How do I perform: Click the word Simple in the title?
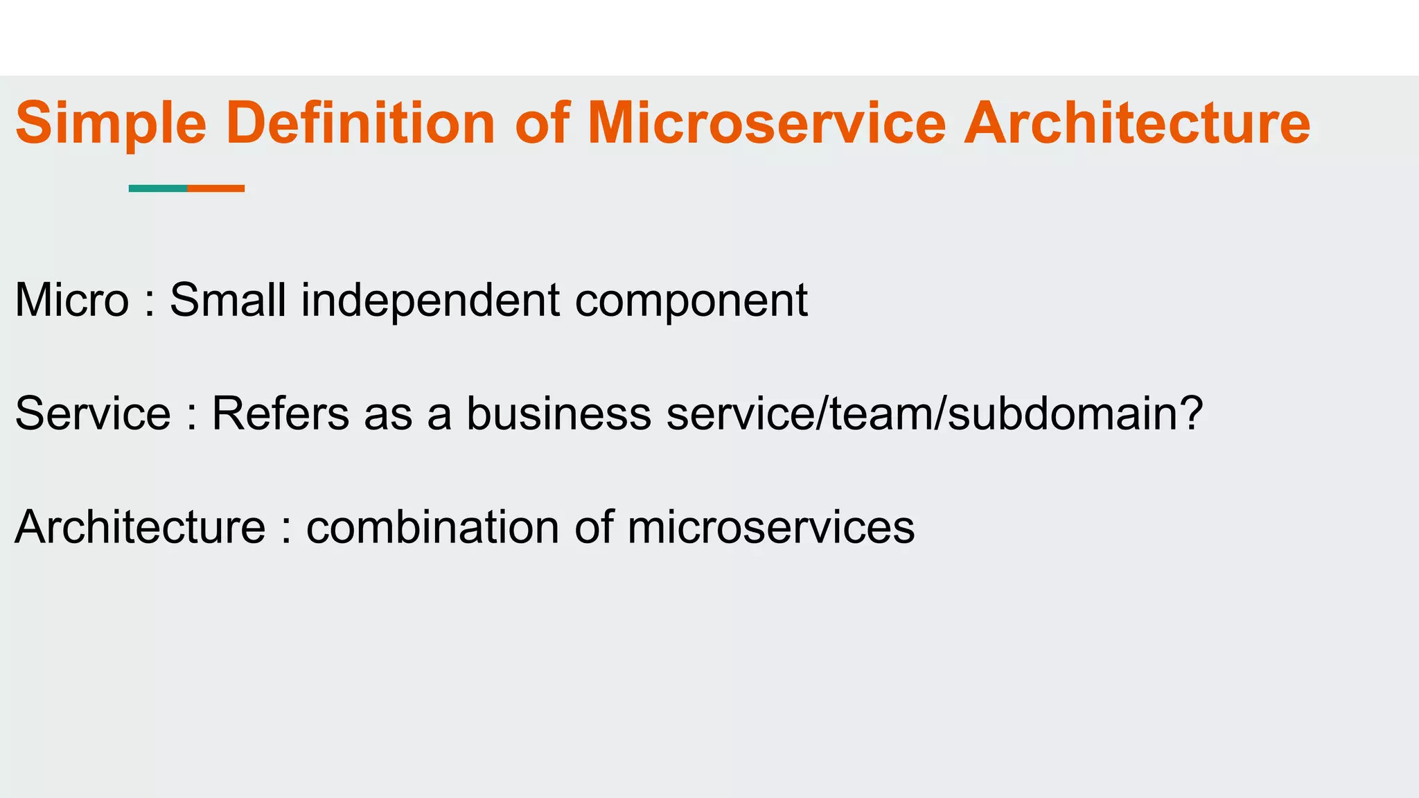[x=111, y=125]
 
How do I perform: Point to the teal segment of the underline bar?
[x=158, y=188]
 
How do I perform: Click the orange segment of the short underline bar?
[x=216, y=188]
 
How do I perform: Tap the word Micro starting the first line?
[x=72, y=301]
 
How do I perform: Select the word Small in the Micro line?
[x=228, y=301]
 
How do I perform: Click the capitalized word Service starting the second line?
[x=93, y=414]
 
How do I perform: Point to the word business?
[x=558, y=414]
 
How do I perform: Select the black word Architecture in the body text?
[x=140, y=527]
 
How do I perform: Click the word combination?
[x=432, y=527]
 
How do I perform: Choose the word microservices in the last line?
[x=770, y=527]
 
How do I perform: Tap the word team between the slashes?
[x=881, y=414]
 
